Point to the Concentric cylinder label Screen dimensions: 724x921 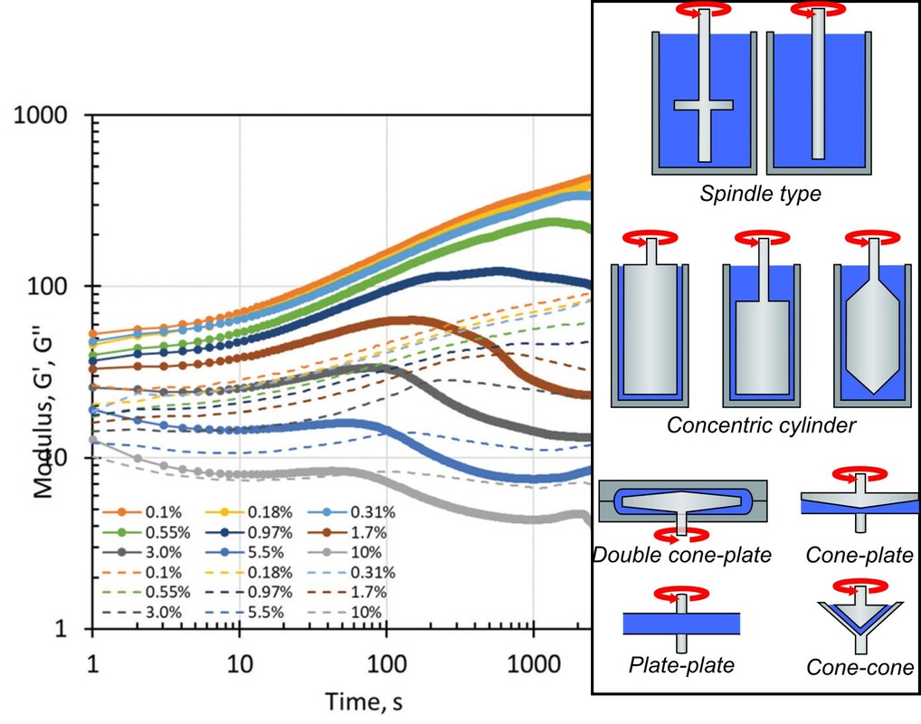click(760, 424)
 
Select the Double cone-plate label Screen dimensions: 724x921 click(682, 555)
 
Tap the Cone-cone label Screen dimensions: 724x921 click(860, 669)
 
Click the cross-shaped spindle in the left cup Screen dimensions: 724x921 click(704, 105)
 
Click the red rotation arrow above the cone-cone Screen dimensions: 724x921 click(859, 586)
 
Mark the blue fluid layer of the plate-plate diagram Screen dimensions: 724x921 click(681, 624)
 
